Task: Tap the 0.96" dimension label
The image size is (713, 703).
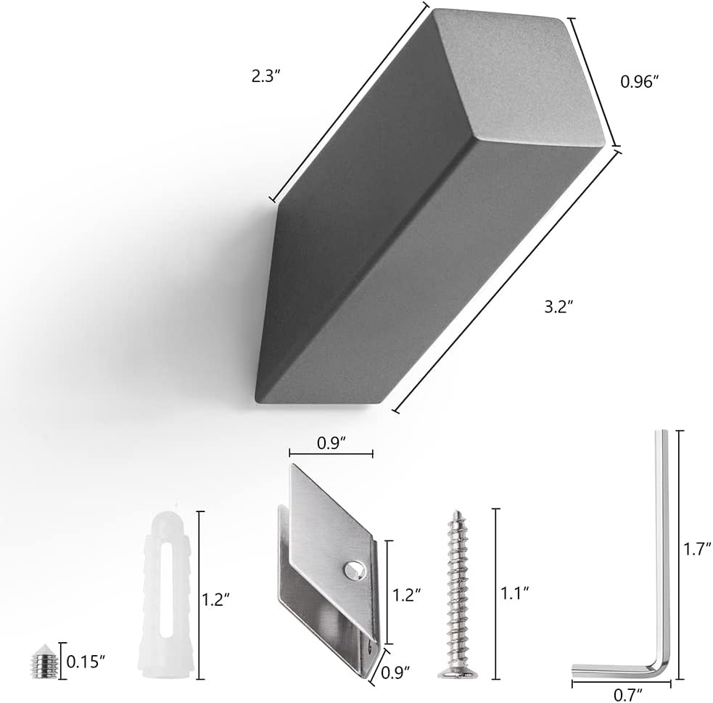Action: pos(640,81)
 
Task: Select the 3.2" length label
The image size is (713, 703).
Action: pos(559,308)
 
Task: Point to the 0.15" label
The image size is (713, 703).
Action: pos(86,662)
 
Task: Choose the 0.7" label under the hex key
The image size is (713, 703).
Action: pos(628,694)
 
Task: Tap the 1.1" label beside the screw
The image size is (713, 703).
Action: pos(515,593)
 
